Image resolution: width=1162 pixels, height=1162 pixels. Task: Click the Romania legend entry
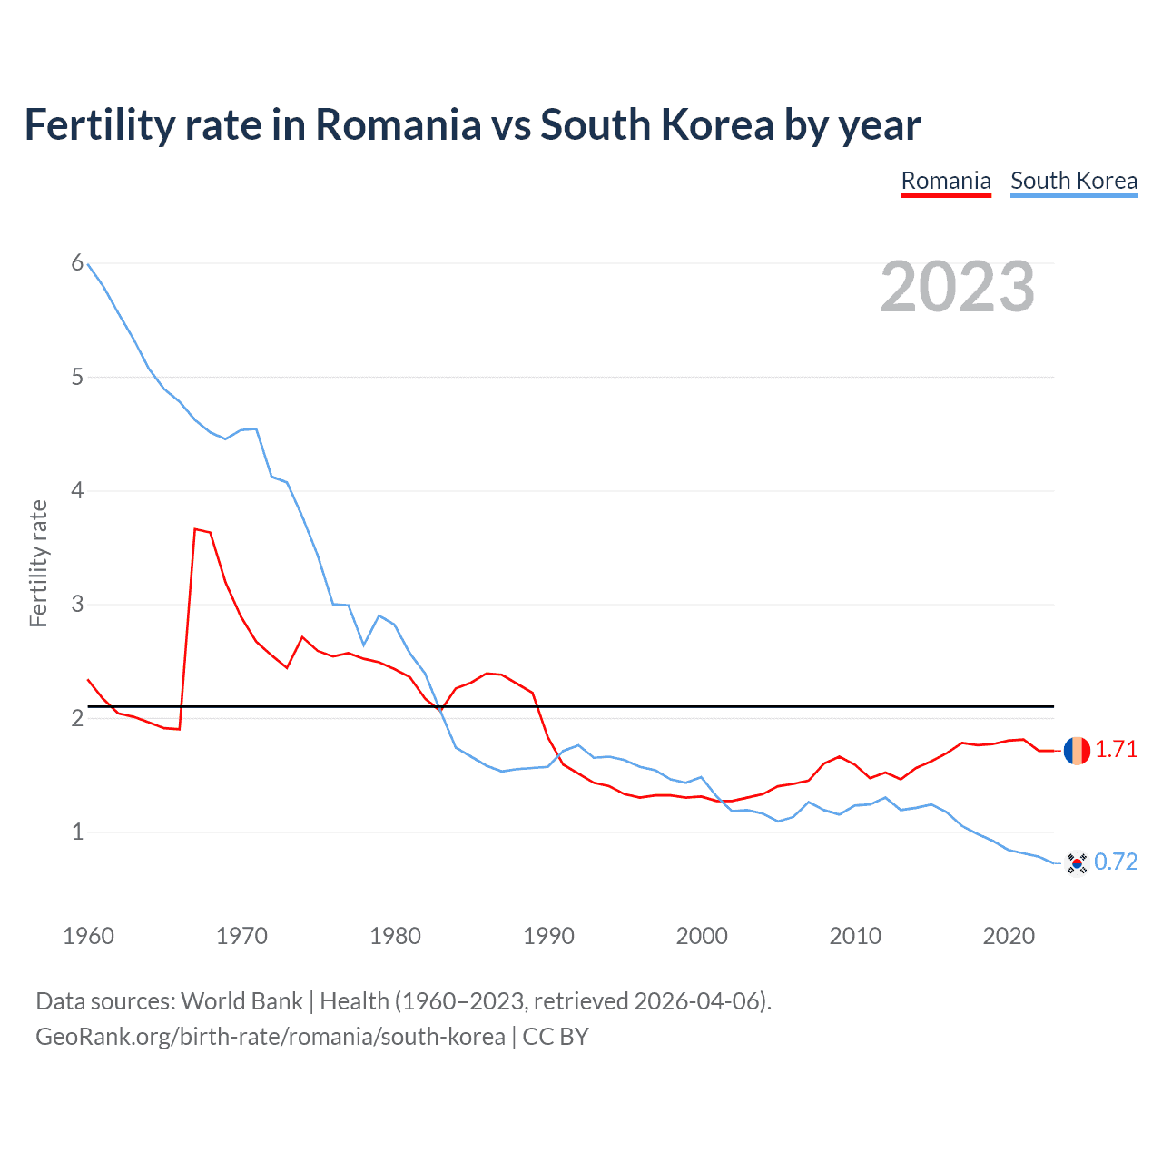point(945,181)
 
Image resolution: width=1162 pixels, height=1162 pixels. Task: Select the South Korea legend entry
point(1073,181)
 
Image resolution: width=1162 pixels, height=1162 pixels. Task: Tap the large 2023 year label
point(958,287)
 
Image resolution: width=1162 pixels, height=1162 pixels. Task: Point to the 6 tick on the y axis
point(77,263)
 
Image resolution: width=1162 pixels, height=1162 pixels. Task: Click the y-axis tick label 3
point(77,604)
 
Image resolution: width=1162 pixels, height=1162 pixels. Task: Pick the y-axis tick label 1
point(77,832)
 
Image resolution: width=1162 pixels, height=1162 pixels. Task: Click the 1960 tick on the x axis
point(88,936)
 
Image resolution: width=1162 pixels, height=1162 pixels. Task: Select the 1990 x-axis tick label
point(548,936)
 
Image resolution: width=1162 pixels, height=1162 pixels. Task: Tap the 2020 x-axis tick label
point(1009,936)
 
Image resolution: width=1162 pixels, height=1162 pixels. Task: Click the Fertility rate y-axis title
point(38,563)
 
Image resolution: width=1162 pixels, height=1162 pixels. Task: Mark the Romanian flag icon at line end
point(1077,751)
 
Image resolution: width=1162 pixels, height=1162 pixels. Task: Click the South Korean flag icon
point(1077,862)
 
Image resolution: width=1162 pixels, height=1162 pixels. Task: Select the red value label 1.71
point(1116,750)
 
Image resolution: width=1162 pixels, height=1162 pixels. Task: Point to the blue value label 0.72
point(1116,862)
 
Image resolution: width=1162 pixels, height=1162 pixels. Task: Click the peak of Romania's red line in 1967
point(195,528)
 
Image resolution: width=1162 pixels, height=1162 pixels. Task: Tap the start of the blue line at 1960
point(88,264)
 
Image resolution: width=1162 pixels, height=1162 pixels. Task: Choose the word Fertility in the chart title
point(99,125)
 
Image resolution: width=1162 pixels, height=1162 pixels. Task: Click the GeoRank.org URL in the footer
point(270,1037)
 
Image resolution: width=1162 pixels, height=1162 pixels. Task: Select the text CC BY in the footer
point(556,1037)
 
